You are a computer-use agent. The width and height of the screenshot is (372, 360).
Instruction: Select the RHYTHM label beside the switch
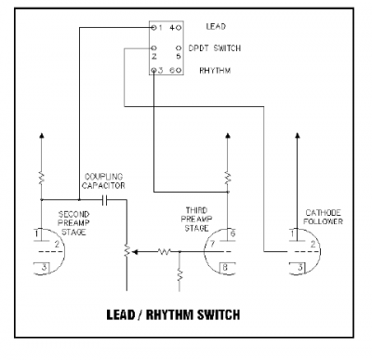point(216,71)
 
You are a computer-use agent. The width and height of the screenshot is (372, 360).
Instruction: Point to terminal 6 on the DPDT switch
point(172,71)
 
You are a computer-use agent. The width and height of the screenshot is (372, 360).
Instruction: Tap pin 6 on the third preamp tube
point(232,231)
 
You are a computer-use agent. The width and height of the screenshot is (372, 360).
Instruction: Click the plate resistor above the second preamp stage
point(42,176)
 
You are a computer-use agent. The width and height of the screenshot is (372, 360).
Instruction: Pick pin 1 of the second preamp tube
point(35,231)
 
